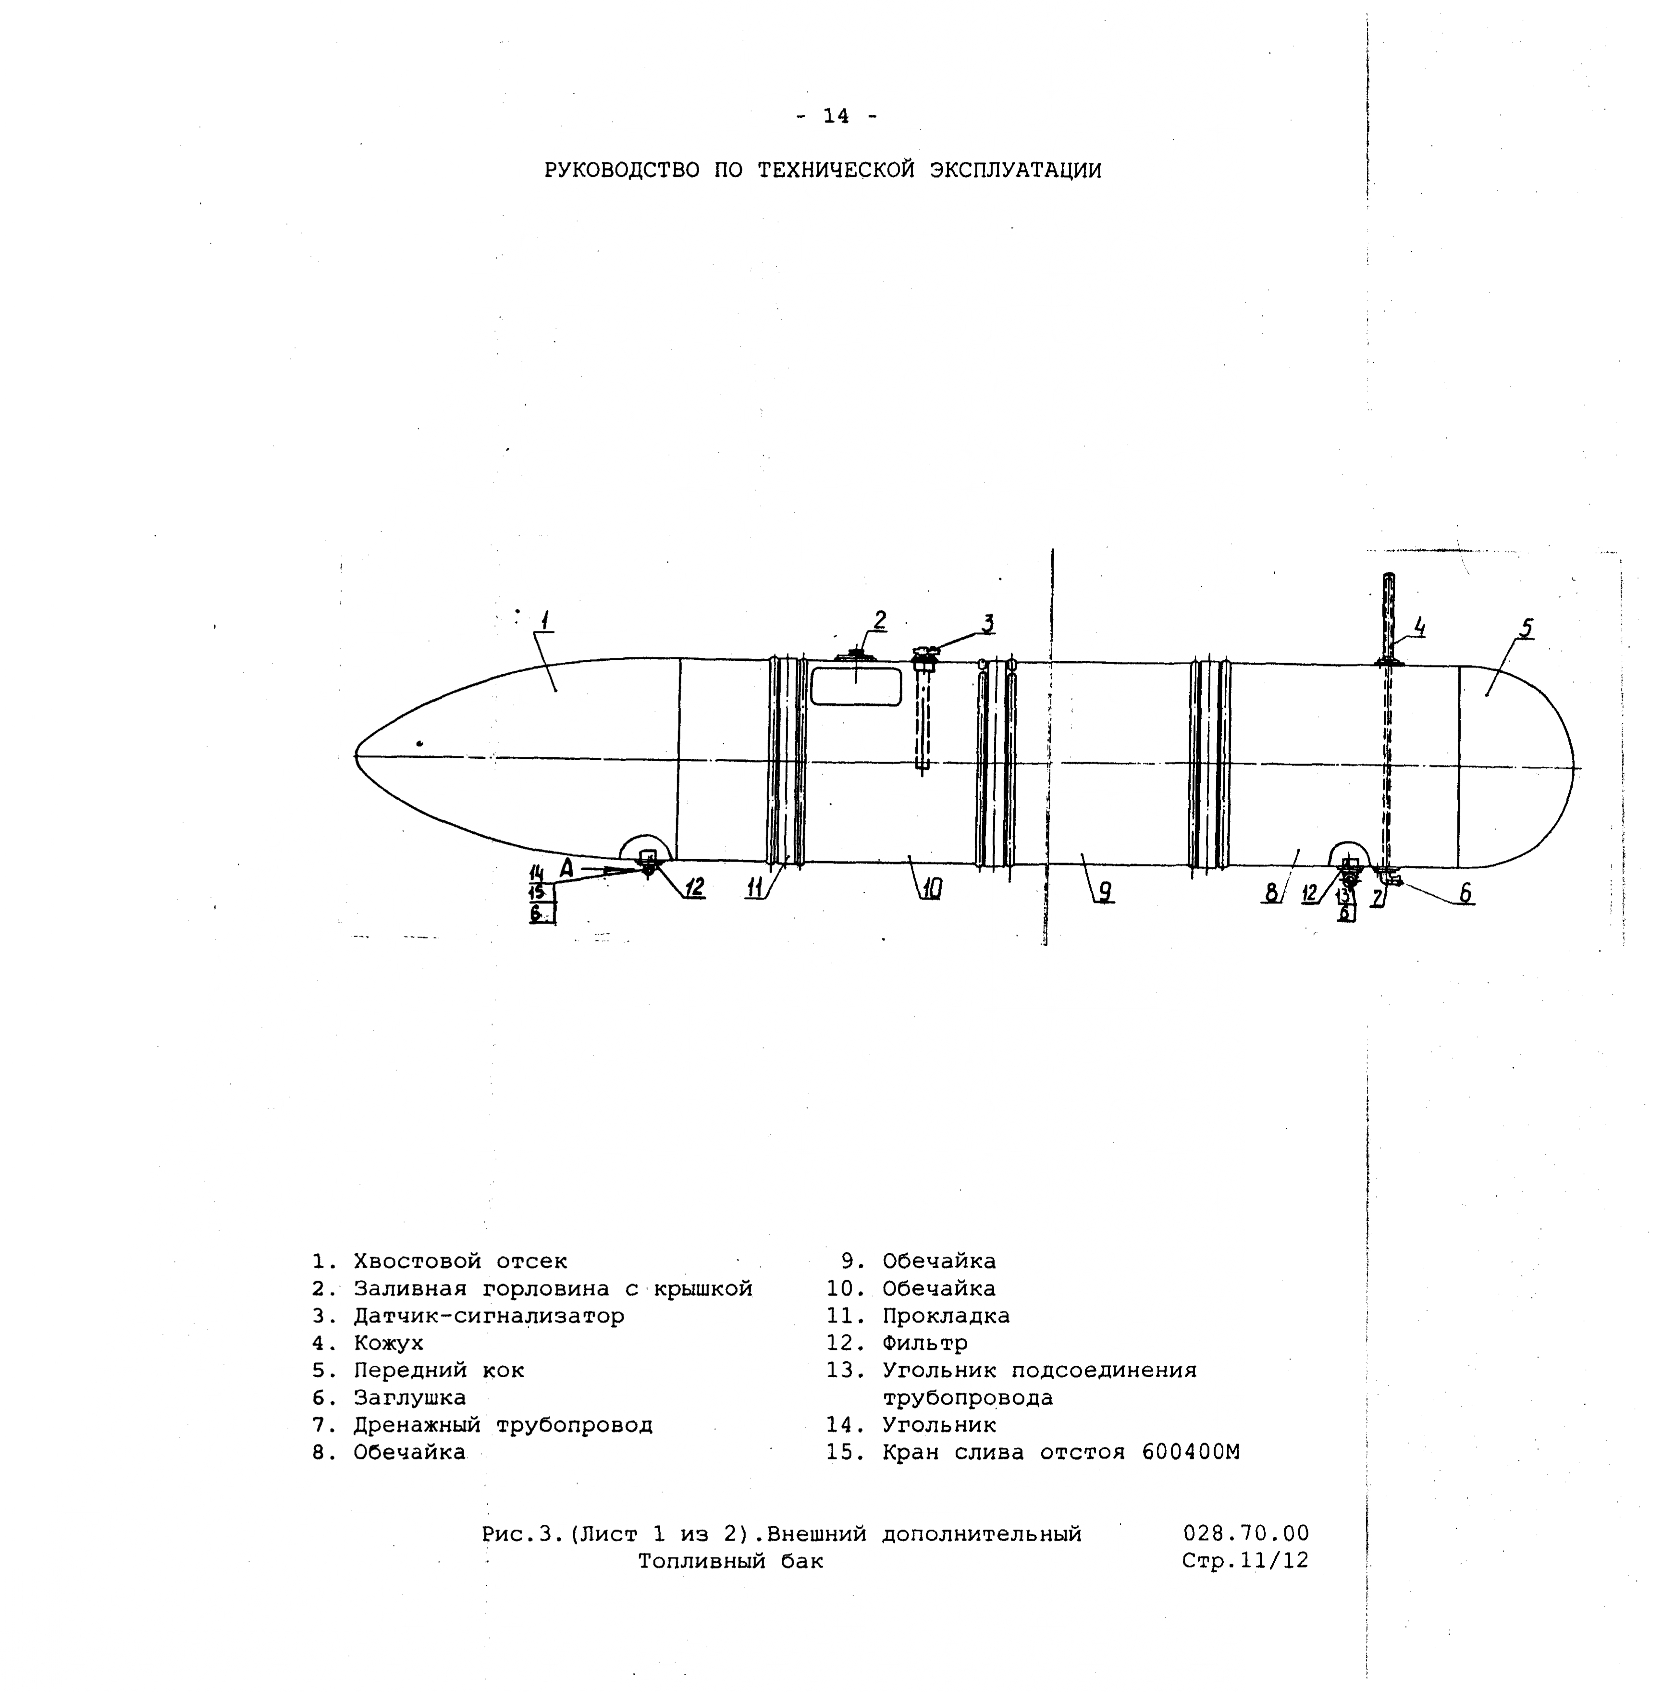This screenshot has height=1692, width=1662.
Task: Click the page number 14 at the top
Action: click(836, 116)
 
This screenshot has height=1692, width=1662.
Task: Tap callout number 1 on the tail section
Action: click(545, 621)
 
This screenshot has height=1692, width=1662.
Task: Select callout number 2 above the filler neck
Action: click(880, 620)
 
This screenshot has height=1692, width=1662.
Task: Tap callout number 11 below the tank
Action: click(755, 888)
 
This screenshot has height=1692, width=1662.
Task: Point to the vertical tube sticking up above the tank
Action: click(1389, 616)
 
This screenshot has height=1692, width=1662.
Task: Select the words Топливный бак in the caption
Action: click(731, 1561)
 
